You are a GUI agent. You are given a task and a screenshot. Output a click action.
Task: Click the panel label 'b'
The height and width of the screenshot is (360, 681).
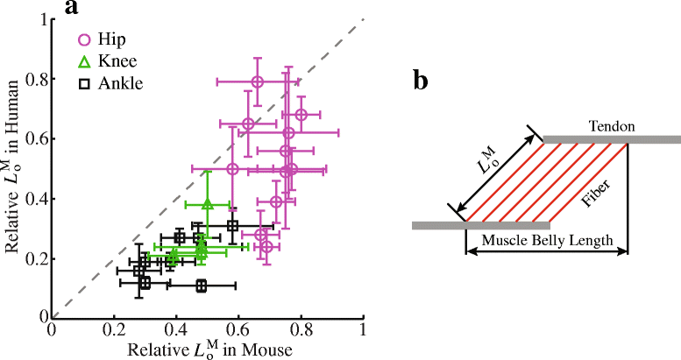[422, 81]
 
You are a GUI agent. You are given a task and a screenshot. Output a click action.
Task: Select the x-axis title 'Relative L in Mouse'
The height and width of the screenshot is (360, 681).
[209, 349]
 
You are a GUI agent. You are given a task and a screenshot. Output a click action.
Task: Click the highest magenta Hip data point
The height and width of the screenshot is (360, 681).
[257, 81]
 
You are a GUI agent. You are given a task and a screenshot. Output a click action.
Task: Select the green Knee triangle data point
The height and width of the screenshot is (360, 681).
[208, 204]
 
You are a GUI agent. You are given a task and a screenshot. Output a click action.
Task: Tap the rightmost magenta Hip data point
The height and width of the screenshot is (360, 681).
[301, 115]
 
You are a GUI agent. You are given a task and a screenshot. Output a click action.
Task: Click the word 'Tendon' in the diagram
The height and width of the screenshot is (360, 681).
[612, 127]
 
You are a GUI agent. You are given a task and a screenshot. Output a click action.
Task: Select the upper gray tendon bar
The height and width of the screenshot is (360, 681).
[612, 139]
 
